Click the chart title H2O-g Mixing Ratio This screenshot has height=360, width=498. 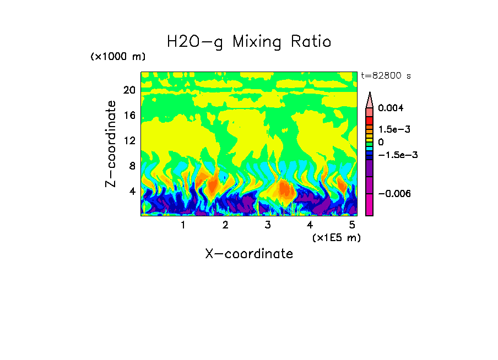click(249, 42)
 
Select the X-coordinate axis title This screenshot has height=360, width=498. click(249, 254)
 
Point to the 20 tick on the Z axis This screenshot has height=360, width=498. click(129, 90)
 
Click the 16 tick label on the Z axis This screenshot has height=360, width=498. click(129, 116)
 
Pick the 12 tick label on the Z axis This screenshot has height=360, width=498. click(129, 141)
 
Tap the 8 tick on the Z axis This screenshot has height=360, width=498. click(132, 166)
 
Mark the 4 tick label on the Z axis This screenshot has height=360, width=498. click(132, 192)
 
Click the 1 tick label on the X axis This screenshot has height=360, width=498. click(183, 225)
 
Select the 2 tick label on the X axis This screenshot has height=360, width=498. click(225, 225)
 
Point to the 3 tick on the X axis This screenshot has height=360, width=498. click(268, 225)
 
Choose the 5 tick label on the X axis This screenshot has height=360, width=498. click(352, 225)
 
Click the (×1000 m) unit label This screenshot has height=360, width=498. click(118, 57)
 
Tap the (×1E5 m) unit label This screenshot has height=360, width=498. click(336, 237)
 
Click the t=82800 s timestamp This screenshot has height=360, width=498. click(386, 76)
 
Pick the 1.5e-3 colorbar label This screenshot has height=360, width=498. click(394, 129)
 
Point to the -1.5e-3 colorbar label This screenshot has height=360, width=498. click(397, 155)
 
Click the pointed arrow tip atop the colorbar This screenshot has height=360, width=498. click(370, 95)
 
